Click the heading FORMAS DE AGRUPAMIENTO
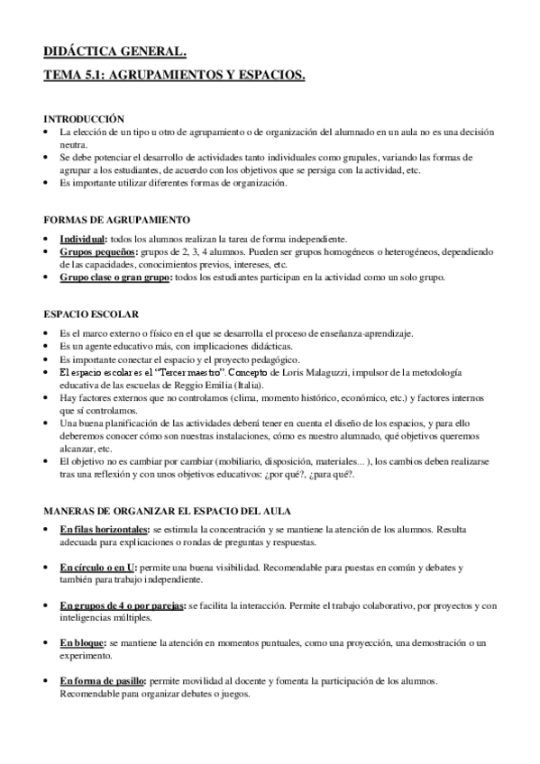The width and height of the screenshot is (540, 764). point(116,220)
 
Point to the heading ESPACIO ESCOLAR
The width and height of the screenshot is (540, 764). point(91,314)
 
